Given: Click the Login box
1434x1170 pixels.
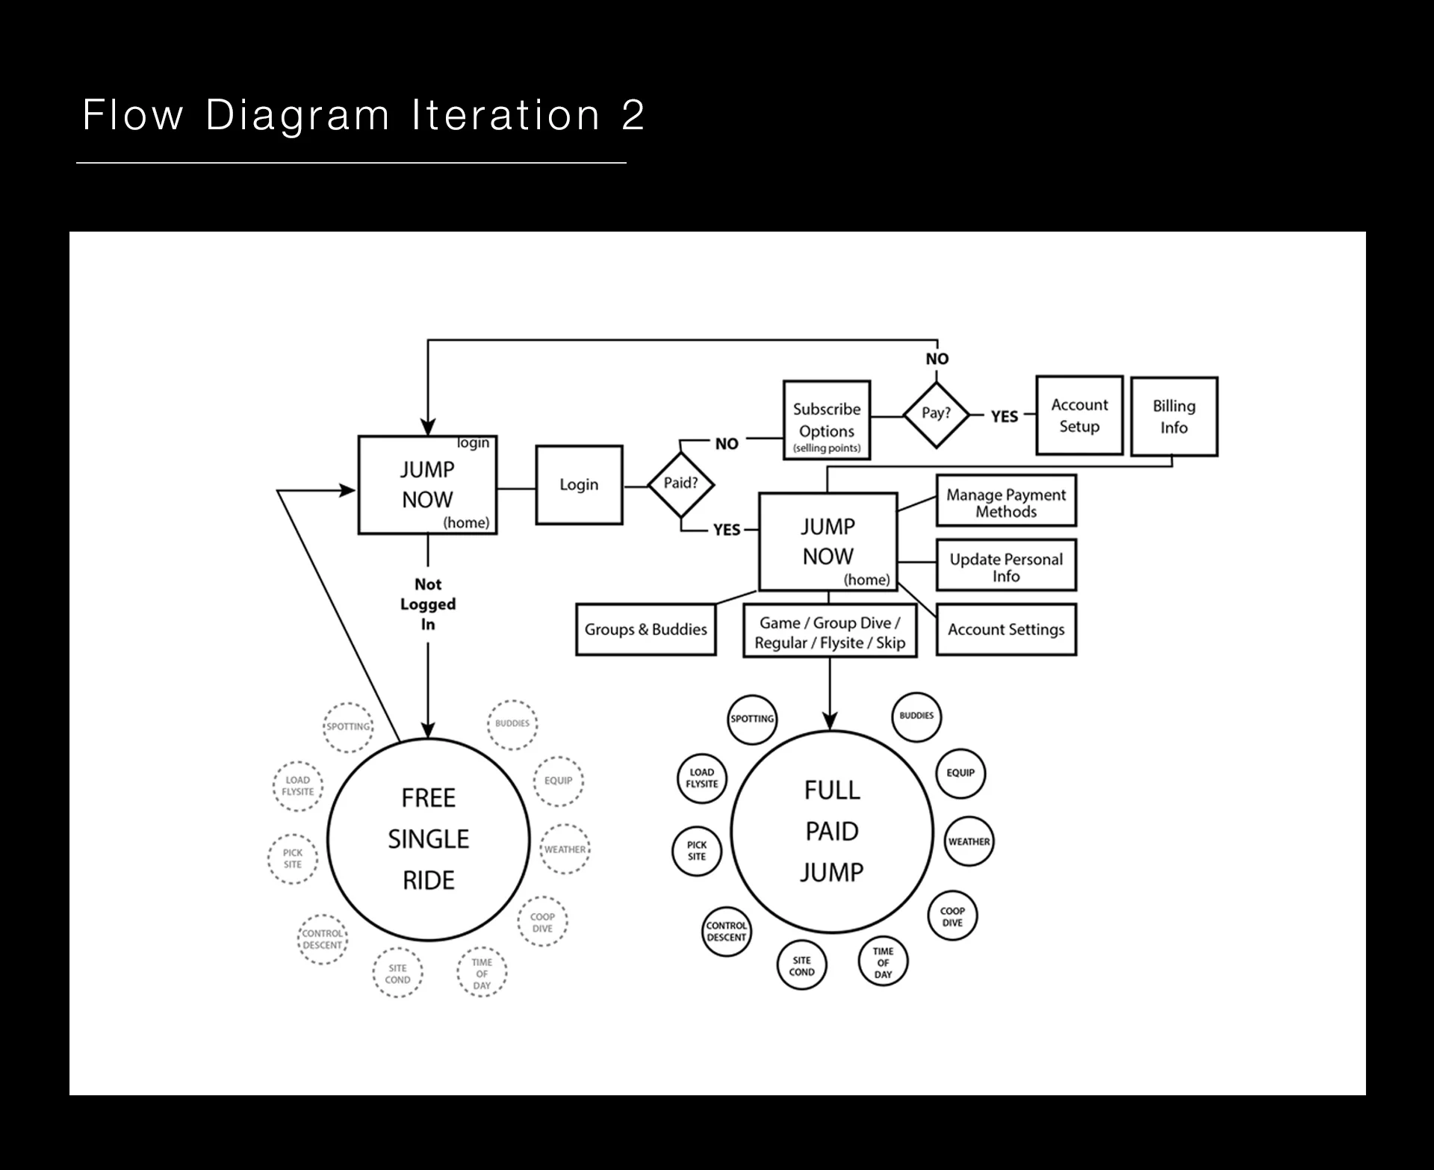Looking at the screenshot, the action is tap(579, 485).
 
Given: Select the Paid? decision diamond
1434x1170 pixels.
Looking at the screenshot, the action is tap(680, 484).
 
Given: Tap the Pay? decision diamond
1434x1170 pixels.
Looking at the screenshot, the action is tap(936, 415).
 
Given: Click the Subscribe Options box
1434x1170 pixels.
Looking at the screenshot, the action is tap(827, 420).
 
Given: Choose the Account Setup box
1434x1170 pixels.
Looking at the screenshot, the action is tap(1079, 415).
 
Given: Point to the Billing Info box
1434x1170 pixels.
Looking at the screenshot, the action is tap(1174, 416).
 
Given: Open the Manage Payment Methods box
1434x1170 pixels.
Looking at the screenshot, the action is tap(1006, 501).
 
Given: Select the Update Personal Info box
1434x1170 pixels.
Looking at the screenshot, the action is tap(1006, 565).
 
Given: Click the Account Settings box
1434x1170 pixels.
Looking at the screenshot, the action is tap(1006, 630).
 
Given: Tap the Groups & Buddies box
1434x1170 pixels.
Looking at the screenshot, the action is tap(646, 630).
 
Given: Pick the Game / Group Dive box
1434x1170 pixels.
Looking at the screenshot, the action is tap(830, 631).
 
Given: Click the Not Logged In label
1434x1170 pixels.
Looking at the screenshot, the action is tap(428, 604).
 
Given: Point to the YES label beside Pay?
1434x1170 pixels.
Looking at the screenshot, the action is tap(1005, 416).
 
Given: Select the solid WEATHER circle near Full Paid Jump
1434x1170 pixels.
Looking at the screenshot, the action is tap(969, 841).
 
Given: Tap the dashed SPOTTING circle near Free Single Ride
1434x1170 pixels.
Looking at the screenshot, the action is tap(348, 727).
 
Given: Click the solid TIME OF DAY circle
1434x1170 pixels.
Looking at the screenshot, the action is tap(884, 962).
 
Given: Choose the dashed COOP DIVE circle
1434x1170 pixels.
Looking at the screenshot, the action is tap(543, 922).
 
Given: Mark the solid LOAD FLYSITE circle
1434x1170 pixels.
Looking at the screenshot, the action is tap(702, 778).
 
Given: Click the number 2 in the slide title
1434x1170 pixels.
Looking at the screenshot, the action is tap(633, 115).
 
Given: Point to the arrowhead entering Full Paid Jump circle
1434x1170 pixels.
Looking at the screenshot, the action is tap(830, 721).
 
